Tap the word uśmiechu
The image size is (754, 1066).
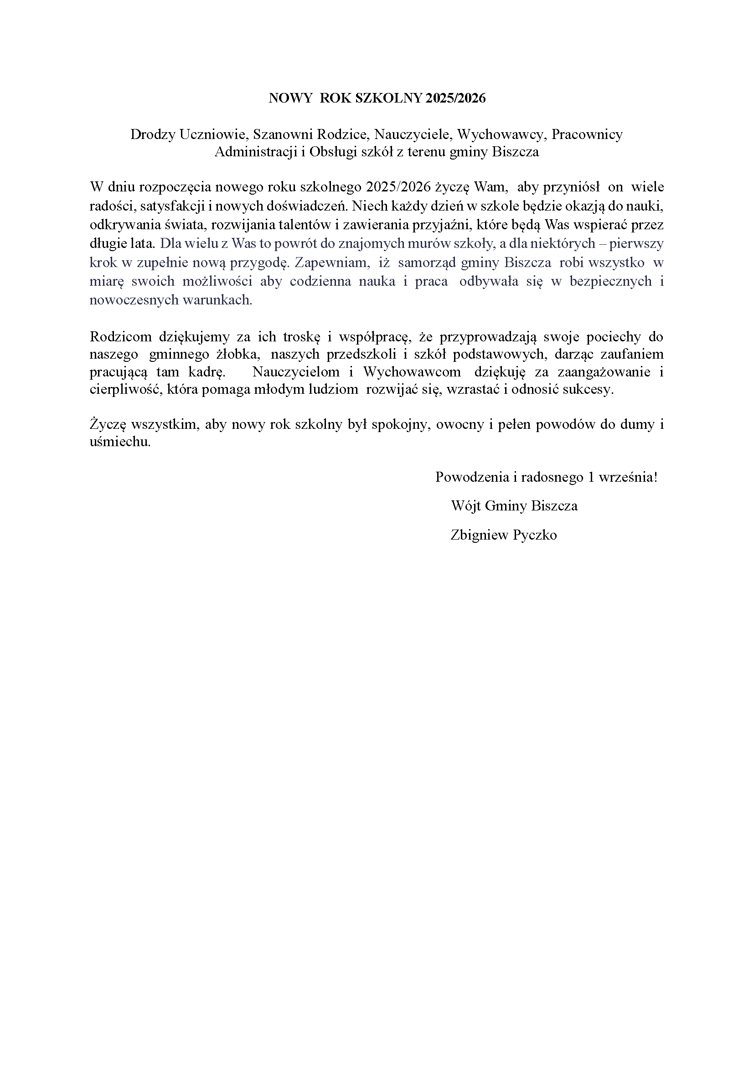point(120,442)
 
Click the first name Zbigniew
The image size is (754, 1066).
point(480,536)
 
